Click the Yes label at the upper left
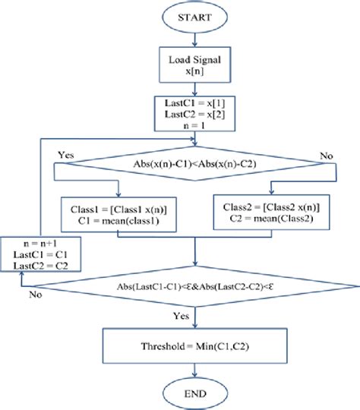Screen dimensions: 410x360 pos(66,155)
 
